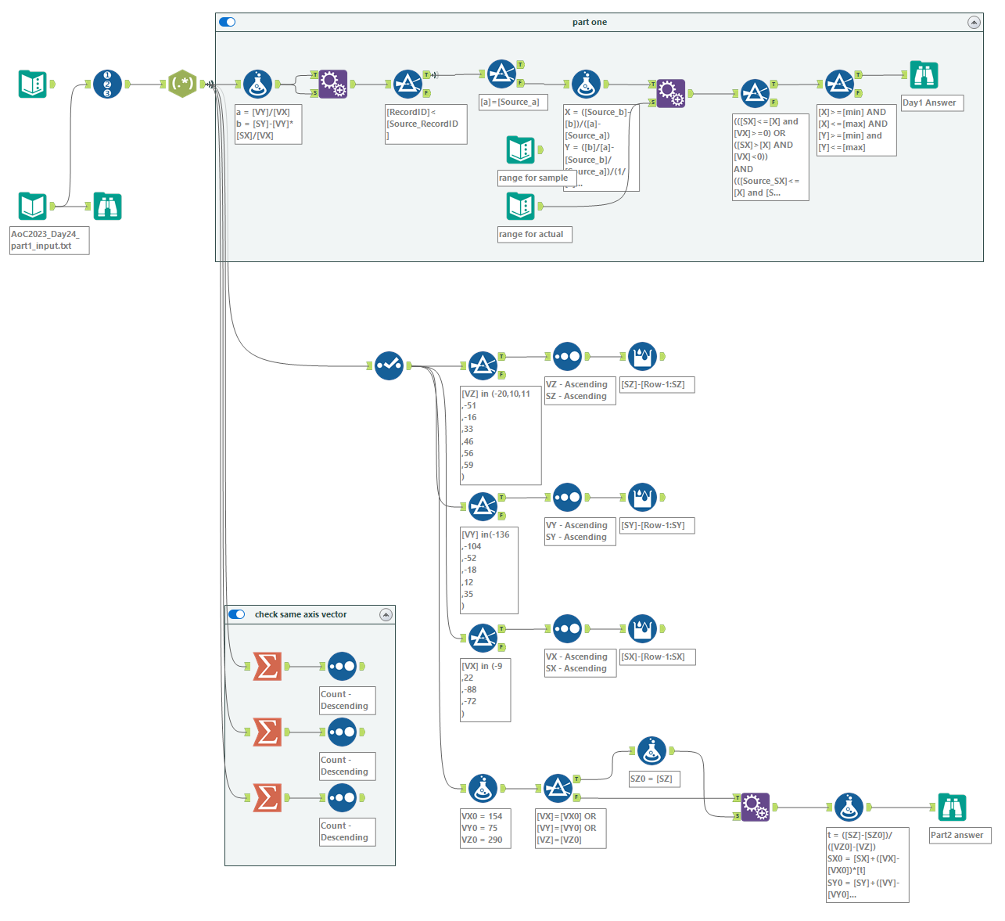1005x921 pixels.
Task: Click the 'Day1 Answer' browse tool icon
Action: pyautogui.click(x=924, y=75)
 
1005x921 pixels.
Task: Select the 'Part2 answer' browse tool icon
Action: pyautogui.click(x=952, y=807)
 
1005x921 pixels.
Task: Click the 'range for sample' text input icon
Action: pyautogui.click(x=520, y=149)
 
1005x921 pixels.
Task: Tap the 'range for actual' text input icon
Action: pyautogui.click(x=520, y=206)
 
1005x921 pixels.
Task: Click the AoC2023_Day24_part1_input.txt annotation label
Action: pyautogui.click(x=49, y=240)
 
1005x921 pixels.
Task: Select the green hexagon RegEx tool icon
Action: pyautogui.click(x=182, y=84)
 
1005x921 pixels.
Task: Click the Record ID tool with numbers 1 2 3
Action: pyautogui.click(x=107, y=84)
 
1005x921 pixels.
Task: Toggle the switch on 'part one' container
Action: pyautogui.click(x=228, y=22)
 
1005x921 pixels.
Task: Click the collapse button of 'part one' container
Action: pyautogui.click(x=974, y=23)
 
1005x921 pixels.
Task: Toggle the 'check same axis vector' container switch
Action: pyautogui.click(x=237, y=614)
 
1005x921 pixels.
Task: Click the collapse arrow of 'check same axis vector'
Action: pyautogui.click(x=386, y=615)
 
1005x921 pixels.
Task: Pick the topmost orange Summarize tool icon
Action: pyautogui.click(x=267, y=666)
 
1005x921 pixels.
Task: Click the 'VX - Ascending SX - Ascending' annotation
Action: pyautogui.click(x=580, y=663)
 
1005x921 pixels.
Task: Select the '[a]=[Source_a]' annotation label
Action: pyautogui.click(x=513, y=103)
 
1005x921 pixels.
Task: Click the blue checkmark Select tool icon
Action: pyautogui.click(x=389, y=365)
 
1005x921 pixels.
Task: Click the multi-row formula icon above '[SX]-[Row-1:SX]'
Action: pyautogui.click(x=642, y=628)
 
